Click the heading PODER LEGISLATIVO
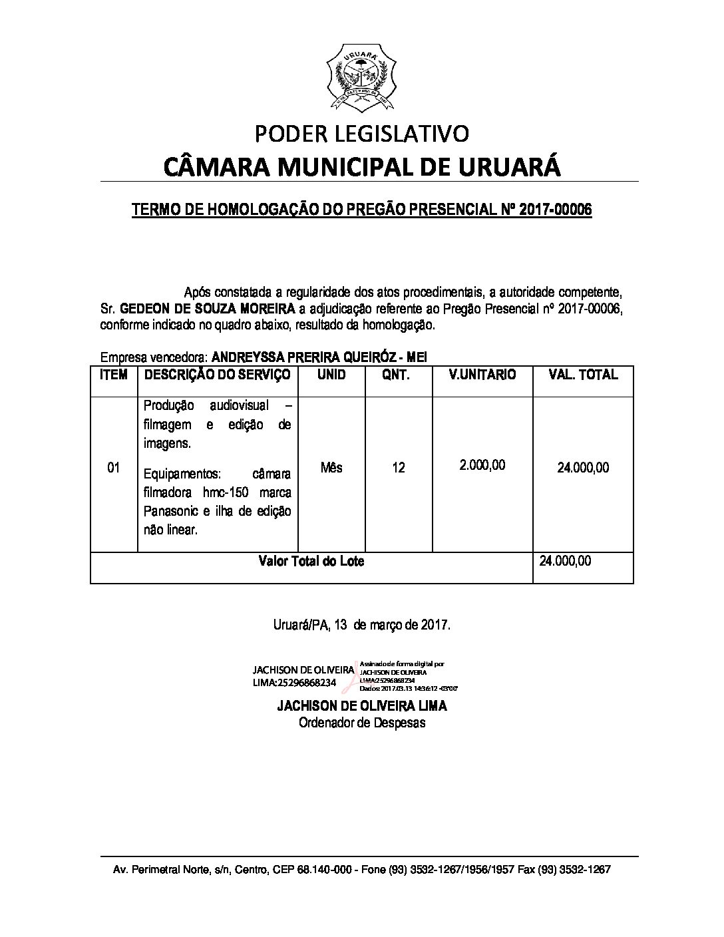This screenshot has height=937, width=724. pyautogui.click(x=362, y=134)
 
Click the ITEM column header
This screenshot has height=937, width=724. pyautogui.click(x=113, y=375)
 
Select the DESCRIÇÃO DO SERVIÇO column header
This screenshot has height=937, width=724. pyautogui.click(x=217, y=375)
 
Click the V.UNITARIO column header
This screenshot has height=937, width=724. pyautogui.click(x=482, y=375)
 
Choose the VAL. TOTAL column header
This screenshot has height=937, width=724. pyautogui.click(x=582, y=375)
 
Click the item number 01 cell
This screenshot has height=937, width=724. pyautogui.click(x=113, y=468)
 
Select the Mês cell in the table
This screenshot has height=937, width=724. pyautogui.click(x=331, y=468)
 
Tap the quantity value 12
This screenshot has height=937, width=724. pyautogui.click(x=398, y=468)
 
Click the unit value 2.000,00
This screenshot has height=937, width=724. pyautogui.click(x=482, y=465)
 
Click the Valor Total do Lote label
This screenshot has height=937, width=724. pyautogui.click(x=311, y=561)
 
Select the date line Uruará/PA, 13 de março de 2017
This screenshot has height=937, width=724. pyautogui.click(x=362, y=626)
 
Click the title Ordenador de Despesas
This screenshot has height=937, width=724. pyautogui.click(x=361, y=723)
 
